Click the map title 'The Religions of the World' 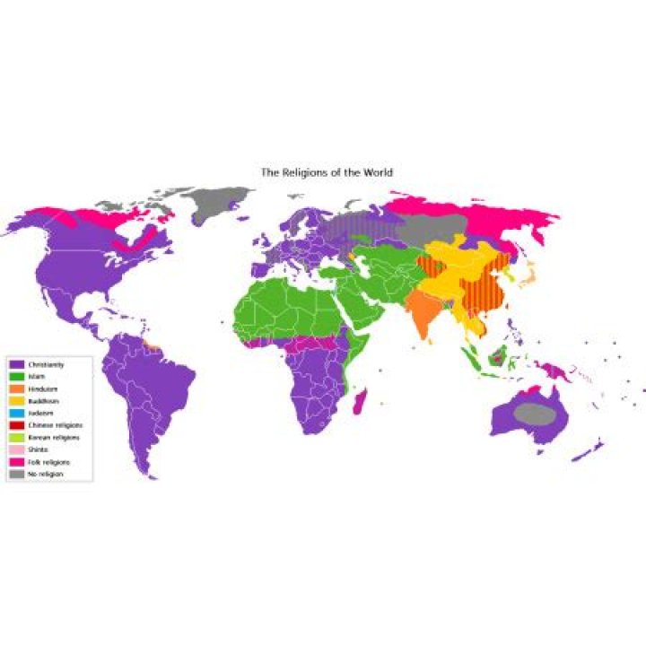(x=326, y=171)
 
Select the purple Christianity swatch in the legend (x=15, y=364)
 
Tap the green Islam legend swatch (x=15, y=376)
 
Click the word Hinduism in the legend (x=40, y=388)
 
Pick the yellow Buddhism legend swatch (x=15, y=400)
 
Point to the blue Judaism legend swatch (x=15, y=412)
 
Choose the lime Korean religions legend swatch (x=15, y=436)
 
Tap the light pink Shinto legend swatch (x=15, y=448)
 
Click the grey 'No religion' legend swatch (x=15, y=472)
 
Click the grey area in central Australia (x=536, y=414)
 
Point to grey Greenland (x=215, y=201)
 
